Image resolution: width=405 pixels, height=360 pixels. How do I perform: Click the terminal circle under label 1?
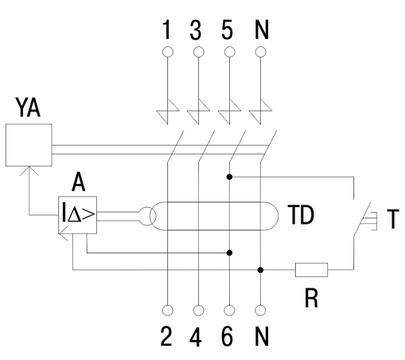coord(168,52)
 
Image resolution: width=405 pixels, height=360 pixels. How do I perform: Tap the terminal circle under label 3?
coord(199,52)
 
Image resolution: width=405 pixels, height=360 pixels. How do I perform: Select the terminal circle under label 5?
coord(230,52)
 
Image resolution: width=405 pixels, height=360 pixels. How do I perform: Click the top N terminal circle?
coord(261,52)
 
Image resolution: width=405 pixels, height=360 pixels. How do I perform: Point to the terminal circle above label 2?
coord(168,311)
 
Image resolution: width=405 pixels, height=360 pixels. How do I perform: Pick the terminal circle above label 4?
coord(199,311)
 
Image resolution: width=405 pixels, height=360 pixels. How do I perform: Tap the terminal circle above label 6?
coord(230,311)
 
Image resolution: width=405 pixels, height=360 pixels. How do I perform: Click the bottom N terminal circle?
coord(261,311)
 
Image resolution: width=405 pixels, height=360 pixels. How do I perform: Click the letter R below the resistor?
coord(311,298)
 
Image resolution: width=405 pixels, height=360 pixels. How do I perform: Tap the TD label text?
coord(301,215)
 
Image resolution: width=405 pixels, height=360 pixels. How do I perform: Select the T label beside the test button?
coord(393,219)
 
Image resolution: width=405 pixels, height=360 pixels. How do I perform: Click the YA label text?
coord(28,108)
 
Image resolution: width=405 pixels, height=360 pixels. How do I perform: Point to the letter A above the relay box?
coord(78,182)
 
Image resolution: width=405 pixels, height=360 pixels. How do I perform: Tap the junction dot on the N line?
coord(261,270)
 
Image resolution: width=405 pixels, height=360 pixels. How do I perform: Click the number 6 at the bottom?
coord(228,336)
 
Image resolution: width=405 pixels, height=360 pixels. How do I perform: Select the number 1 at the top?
coord(166,29)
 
